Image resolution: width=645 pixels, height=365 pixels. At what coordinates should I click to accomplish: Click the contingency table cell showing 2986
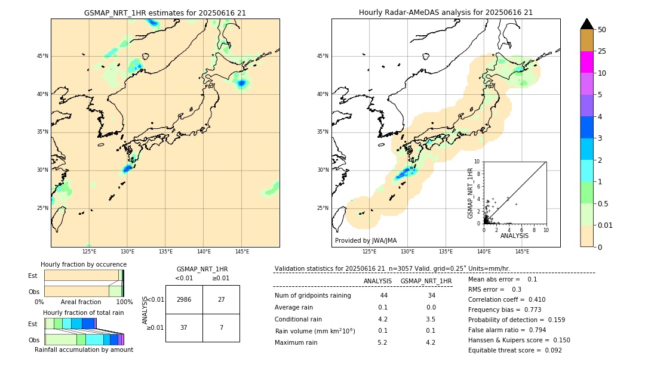coord(184,299)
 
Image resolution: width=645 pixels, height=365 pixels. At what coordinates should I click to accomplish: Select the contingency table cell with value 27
coord(221,299)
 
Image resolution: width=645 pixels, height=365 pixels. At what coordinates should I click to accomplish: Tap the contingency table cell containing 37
coord(184,327)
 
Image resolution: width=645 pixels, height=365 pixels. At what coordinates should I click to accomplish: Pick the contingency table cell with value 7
coord(221,327)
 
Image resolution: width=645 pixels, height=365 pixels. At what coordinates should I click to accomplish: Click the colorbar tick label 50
coord(602,30)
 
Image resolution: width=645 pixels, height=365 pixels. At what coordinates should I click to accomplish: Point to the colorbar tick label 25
coord(602,51)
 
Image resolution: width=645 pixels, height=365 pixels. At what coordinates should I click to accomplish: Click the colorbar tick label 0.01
coord(606,225)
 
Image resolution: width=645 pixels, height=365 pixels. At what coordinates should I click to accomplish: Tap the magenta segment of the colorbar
coord(587,62)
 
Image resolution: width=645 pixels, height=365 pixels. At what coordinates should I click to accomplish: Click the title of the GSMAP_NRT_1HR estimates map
coord(165,13)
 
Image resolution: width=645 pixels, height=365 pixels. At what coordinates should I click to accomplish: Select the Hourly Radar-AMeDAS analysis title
coord(446,13)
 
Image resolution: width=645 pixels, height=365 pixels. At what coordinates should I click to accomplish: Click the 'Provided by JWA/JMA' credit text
coord(365,240)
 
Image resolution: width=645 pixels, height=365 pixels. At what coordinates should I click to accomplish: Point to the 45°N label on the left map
coord(42,56)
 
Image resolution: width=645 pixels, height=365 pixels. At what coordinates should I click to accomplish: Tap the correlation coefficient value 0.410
coord(536,299)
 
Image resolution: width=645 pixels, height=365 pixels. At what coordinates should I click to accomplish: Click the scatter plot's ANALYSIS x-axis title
coord(514,236)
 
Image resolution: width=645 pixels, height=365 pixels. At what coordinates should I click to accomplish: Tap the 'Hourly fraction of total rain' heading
coord(84,313)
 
